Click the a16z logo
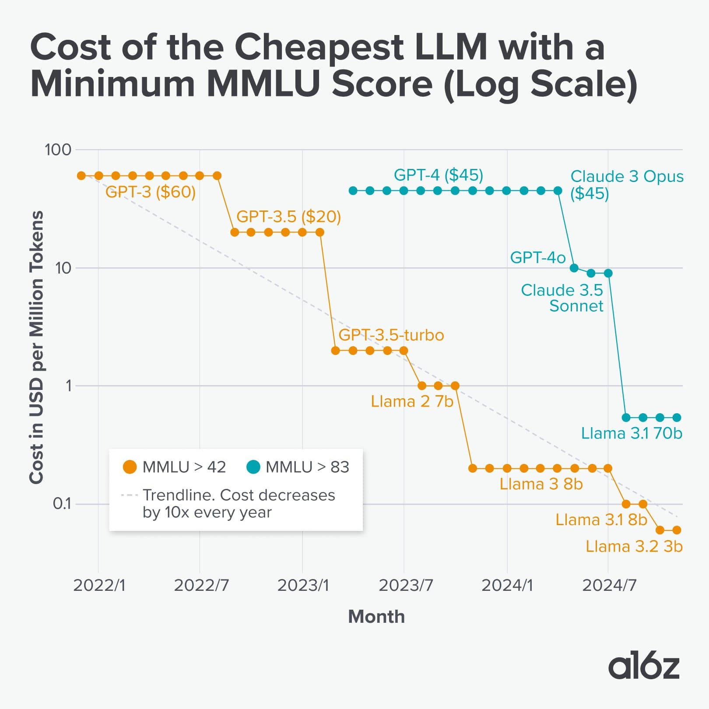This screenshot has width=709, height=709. click(x=643, y=667)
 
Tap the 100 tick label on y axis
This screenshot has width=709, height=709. click(x=58, y=150)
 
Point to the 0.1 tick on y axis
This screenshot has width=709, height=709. click(x=62, y=504)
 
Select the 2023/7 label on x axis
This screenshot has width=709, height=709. click(x=406, y=585)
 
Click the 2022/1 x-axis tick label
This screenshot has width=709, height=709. click(x=99, y=585)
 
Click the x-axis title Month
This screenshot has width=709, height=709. click(x=376, y=617)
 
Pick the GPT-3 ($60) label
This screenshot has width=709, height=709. click(x=150, y=192)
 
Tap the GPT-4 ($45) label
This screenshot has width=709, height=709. click(x=438, y=175)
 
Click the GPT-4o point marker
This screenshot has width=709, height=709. click(x=574, y=268)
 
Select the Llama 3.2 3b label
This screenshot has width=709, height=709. click(x=634, y=547)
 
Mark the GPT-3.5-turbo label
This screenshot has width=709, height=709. click(x=391, y=335)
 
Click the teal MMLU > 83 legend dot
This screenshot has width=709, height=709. click(x=253, y=467)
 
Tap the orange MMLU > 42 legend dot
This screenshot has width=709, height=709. click(x=130, y=467)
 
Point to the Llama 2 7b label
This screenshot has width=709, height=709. click(x=411, y=401)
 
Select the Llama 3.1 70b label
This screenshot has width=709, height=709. click(x=631, y=433)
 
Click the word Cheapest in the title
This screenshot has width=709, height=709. click(x=319, y=47)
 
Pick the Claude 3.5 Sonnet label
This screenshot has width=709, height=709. click(x=562, y=298)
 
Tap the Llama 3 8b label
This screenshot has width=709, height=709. click(x=541, y=484)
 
